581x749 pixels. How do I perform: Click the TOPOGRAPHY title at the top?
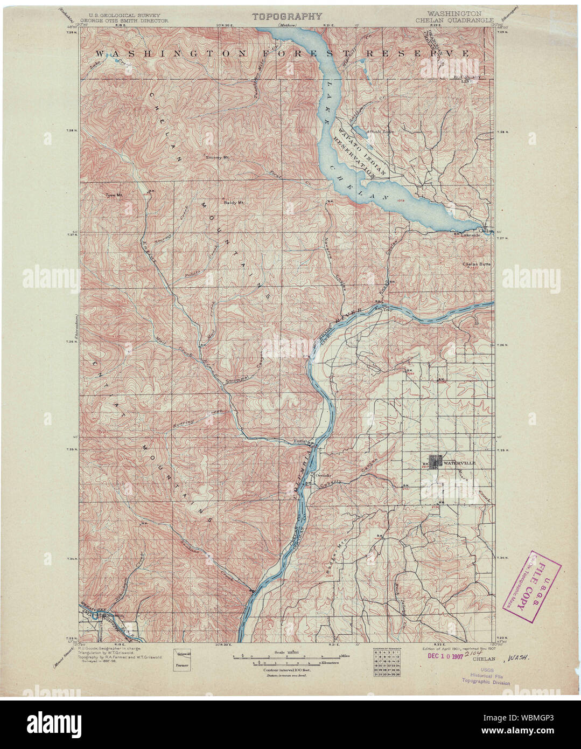(x=288, y=16)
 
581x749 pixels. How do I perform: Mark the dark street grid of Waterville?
(x=435, y=462)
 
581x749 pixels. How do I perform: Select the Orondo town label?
(x=322, y=476)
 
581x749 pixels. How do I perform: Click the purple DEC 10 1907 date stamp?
(x=445, y=656)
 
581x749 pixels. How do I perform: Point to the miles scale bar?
(x=286, y=657)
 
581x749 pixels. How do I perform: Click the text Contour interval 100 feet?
(x=285, y=669)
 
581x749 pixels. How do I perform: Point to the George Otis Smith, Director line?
(x=124, y=20)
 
